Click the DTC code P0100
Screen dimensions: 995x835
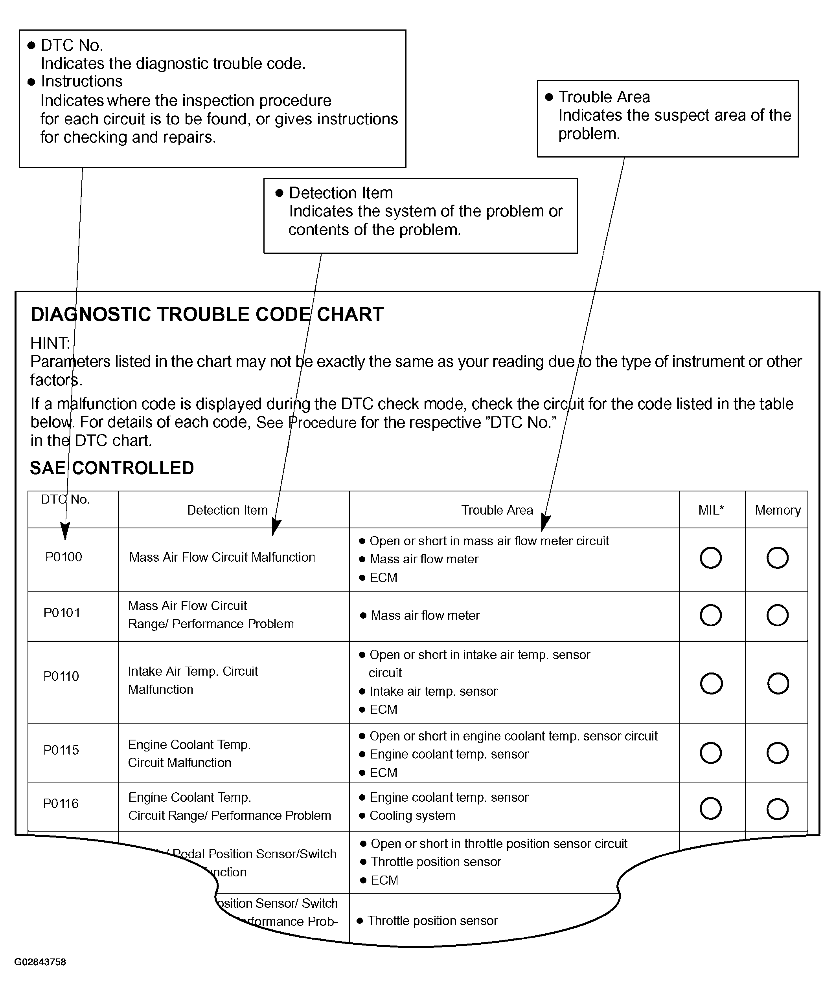coord(64,557)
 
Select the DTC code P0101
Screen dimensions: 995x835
coord(62,613)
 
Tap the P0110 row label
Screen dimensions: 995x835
coord(61,676)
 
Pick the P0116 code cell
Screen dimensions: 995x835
coord(61,804)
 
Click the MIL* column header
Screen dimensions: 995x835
coord(711,510)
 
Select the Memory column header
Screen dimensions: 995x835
coord(778,510)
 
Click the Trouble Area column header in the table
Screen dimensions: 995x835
coord(497,510)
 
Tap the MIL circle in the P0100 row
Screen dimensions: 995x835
coord(711,558)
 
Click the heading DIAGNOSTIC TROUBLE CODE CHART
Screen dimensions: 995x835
coord(207,315)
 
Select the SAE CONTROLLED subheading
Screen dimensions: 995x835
coord(112,468)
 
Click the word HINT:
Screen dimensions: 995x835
coord(50,343)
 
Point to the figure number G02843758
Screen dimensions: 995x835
coord(40,962)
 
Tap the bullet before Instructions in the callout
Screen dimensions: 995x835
coord(32,82)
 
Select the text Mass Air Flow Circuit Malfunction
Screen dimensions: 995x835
coord(222,557)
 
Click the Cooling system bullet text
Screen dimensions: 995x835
coord(412,815)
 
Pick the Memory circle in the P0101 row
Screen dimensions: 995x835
coord(778,615)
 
